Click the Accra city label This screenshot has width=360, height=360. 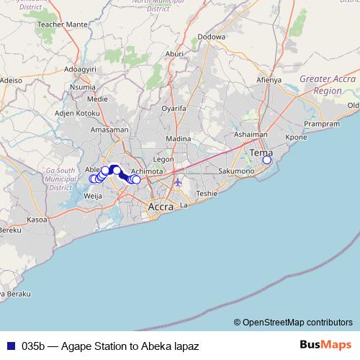coord(160,207)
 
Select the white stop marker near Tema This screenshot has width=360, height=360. coord(266,160)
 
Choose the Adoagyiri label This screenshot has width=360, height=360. coord(81,69)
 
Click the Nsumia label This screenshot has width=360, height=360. coord(82,86)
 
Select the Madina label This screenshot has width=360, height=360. coord(178,138)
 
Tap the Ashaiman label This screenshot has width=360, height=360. coord(251,135)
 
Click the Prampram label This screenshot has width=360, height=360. coord(321,124)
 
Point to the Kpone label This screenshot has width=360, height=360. coord(296,137)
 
